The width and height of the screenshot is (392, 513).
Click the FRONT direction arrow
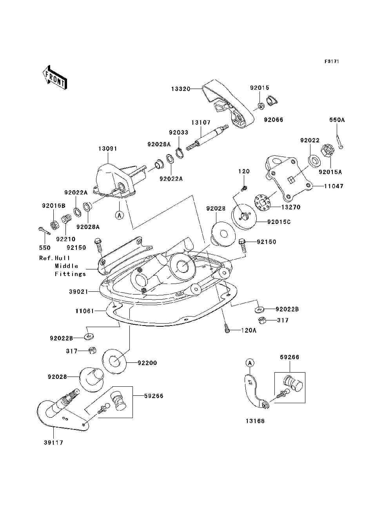[54, 77]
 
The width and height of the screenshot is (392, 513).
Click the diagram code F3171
[332, 62]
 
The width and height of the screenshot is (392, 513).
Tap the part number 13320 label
[181, 89]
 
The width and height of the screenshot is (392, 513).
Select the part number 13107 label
[201, 122]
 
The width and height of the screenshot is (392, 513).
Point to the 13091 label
[107, 149]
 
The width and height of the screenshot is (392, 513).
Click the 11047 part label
[334, 186]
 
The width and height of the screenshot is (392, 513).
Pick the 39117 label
[53, 443]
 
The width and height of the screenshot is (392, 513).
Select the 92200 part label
[147, 363]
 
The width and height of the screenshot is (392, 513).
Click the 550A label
[337, 120]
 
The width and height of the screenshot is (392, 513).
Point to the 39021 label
[78, 292]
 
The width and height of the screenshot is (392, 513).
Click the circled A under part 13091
[120, 215]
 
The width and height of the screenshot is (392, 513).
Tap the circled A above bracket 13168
[250, 363]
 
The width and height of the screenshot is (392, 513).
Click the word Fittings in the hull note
[70, 274]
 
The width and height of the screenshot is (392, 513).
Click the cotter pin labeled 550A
[339, 142]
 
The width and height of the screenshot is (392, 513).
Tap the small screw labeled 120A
[227, 328]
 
